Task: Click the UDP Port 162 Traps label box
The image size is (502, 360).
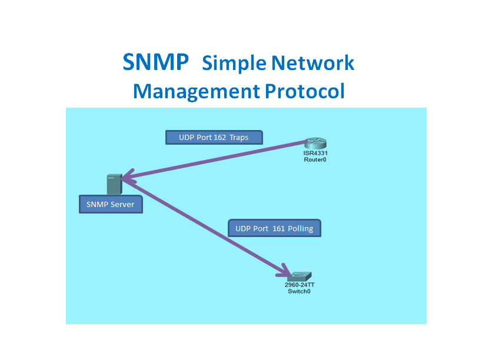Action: pyautogui.click(x=214, y=138)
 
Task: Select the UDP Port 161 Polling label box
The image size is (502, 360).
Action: pyautogui.click(x=274, y=228)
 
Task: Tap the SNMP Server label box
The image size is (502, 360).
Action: pyautogui.click(x=111, y=204)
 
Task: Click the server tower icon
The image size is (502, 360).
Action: pyautogui.click(x=114, y=184)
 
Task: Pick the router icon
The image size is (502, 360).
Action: pyautogui.click(x=315, y=144)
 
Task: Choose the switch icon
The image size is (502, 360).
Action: pyautogui.click(x=300, y=275)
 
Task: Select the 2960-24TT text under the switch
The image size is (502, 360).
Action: pyautogui.click(x=300, y=285)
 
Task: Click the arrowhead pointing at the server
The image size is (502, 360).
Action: pyautogui.click(x=125, y=176)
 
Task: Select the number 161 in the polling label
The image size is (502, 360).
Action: pyautogui.click(x=278, y=228)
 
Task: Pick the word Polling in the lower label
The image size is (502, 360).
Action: pyautogui.click(x=301, y=228)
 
